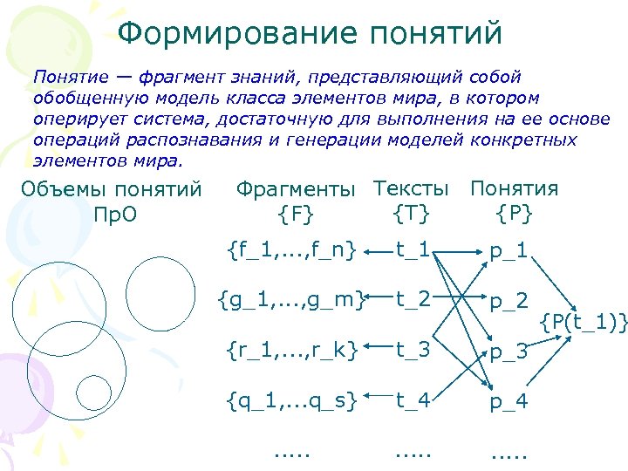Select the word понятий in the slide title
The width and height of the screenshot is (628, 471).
436,34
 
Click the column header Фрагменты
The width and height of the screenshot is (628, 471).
297,189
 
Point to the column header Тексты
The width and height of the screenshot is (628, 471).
411,188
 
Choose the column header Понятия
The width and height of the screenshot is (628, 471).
514,188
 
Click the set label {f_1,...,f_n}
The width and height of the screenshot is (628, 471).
291,251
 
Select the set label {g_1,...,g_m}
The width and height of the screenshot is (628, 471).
291,301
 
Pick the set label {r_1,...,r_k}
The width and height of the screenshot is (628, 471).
291,351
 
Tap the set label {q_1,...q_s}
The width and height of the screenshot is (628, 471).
291,401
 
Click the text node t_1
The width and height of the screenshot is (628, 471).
412,251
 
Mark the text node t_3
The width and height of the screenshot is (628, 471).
412,351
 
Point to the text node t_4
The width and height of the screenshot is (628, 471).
412,401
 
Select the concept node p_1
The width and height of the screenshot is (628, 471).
509,253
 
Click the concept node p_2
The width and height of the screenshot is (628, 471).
509,303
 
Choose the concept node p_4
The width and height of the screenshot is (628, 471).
509,403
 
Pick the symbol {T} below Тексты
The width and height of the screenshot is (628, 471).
411,212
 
